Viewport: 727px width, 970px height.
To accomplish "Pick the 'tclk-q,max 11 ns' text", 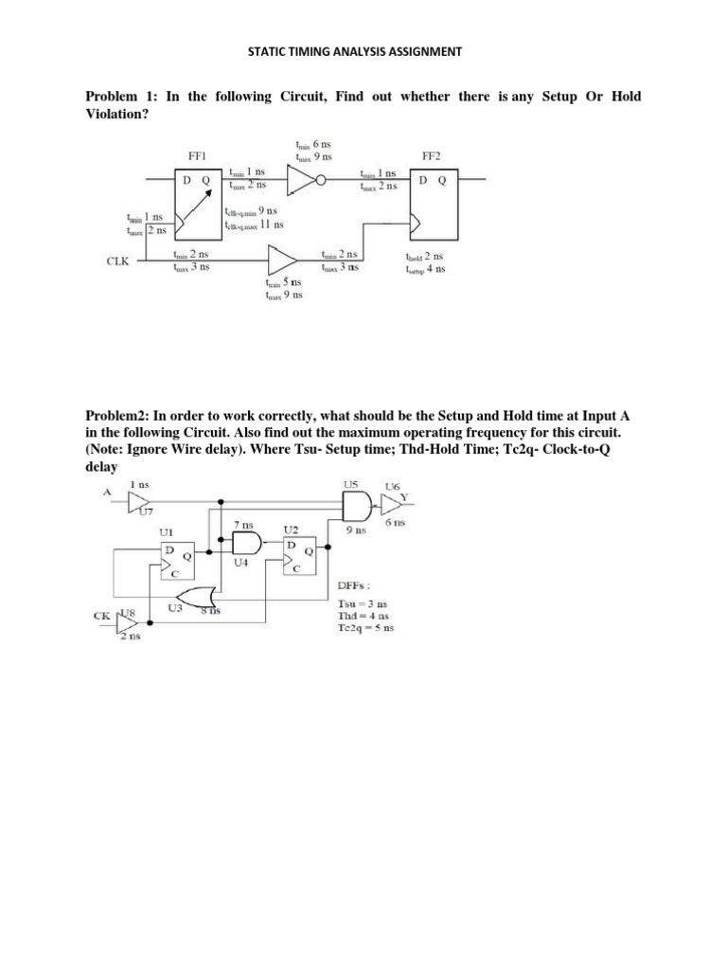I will pyautogui.click(x=257, y=225).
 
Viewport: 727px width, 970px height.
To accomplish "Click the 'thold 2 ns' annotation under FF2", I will pyautogui.click(x=424, y=256).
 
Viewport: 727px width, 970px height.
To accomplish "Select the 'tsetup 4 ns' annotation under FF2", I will pyautogui.click(x=425, y=269).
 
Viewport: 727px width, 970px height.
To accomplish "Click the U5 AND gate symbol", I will pyautogui.click(x=353, y=507).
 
